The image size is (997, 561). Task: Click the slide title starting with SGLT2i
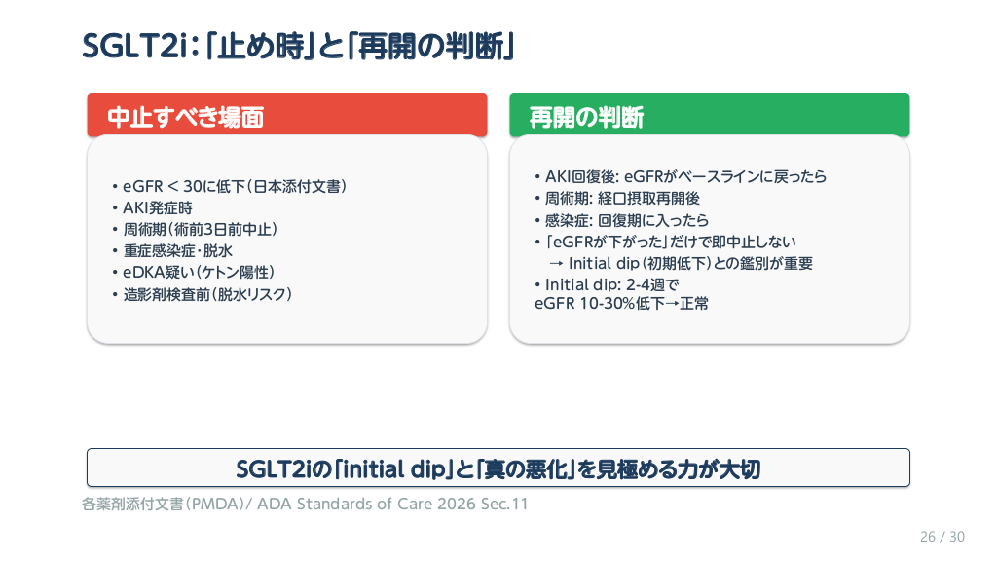coord(298,46)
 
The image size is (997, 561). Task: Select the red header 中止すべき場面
coord(287,115)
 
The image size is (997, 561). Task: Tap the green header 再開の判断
coord(709,115)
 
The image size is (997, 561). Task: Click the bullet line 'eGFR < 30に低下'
coord(230,186)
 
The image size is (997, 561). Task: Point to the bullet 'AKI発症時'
coord(153,208)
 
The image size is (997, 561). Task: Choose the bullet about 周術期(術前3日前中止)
coord(195,229)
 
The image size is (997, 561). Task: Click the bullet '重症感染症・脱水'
coord(172,250)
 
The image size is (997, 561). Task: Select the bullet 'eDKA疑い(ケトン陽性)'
coord(194,273)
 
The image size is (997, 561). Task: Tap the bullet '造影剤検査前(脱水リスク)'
coord(203,294)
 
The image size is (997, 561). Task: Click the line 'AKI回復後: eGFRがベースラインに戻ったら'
coord(681,176)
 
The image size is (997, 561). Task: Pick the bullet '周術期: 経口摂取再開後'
coord(616,199)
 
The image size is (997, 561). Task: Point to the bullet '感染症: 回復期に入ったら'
coord(621,220)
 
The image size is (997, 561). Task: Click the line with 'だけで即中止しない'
coord(665,242)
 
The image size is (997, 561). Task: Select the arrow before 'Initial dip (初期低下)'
coord(556,263)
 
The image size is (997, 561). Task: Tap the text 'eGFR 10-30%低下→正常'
coord(621,304)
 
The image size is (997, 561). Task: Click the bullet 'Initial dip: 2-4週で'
coord(607,284)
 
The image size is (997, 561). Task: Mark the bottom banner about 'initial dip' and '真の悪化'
coord(498,468)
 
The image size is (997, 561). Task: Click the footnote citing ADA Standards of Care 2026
coord(305,504)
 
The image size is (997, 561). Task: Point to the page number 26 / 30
coord(942,537)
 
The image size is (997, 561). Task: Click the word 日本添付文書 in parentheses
coord(297,186)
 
